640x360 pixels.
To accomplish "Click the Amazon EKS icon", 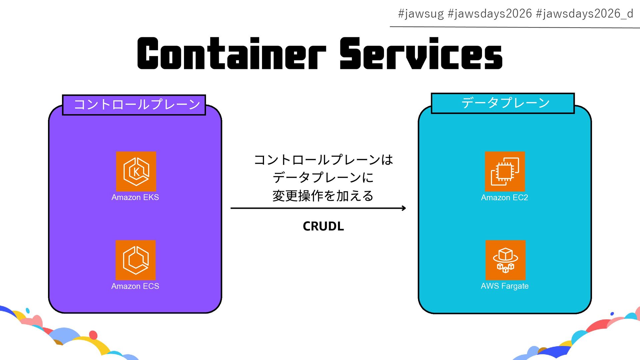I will pos(136,171).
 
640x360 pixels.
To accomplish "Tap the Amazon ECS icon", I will pos(135,260).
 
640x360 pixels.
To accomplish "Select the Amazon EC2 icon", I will pos(505,171).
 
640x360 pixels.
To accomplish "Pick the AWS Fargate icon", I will pos(505,260).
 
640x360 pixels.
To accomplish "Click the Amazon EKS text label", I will pos(135,197).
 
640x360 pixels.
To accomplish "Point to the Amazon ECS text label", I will pos(135,286).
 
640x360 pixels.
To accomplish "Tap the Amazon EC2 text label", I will pos(504,198).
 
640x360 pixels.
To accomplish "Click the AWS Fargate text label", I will pos(504,286).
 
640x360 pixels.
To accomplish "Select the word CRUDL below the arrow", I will pos(323,226).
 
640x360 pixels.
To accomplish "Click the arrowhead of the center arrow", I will pos(404,208).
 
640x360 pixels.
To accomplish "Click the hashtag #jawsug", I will pos(421,14).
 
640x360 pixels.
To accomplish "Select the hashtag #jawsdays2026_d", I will pos(584,14).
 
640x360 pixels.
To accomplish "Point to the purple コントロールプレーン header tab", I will pos(134,105).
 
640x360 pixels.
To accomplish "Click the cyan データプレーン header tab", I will pos(503,103).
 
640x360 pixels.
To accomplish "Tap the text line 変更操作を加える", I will pos(323,196).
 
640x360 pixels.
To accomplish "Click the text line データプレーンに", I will pos(323,177).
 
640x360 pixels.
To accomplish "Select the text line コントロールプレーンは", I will pos(323,160).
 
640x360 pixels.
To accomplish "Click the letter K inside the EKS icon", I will pos(136,172).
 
